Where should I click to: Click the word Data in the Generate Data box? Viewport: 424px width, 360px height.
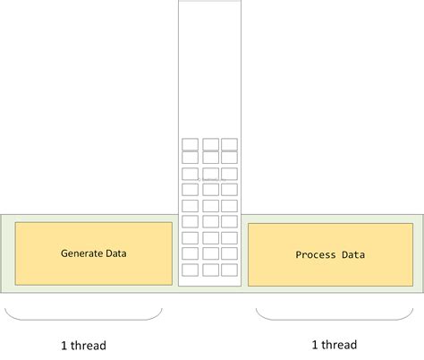pos(116,253)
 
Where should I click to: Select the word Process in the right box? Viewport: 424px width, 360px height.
pos(316,254)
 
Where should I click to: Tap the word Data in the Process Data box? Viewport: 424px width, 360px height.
pos(353,254)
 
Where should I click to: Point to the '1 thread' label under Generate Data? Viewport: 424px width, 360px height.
pos(83,346)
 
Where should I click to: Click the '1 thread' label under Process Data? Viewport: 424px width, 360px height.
pos(335,345)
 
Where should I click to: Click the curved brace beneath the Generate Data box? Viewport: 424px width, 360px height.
pos(83,320)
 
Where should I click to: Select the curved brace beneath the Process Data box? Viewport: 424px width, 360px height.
pos(335,320)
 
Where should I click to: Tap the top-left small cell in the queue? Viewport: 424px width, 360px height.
pos(190,144)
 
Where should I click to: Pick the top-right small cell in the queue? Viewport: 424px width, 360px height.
pos(229,144)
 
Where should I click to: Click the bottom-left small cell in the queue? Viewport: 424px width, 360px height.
pos(190,270)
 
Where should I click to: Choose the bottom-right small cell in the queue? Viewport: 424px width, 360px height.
pos(229,270)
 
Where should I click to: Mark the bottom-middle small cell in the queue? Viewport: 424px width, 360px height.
pos(210,270)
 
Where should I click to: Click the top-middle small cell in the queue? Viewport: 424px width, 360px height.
pos(210,144)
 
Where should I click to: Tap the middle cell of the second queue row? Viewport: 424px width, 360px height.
pos(210,158)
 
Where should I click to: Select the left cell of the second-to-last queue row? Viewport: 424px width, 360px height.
pos(190,253)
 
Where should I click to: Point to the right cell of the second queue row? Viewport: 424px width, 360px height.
pos(229,158)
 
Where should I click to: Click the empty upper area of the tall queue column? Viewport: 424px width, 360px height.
pos(209,69)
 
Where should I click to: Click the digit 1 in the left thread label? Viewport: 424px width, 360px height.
pos(64,346)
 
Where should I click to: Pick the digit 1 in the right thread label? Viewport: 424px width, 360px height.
pos(315,345)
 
